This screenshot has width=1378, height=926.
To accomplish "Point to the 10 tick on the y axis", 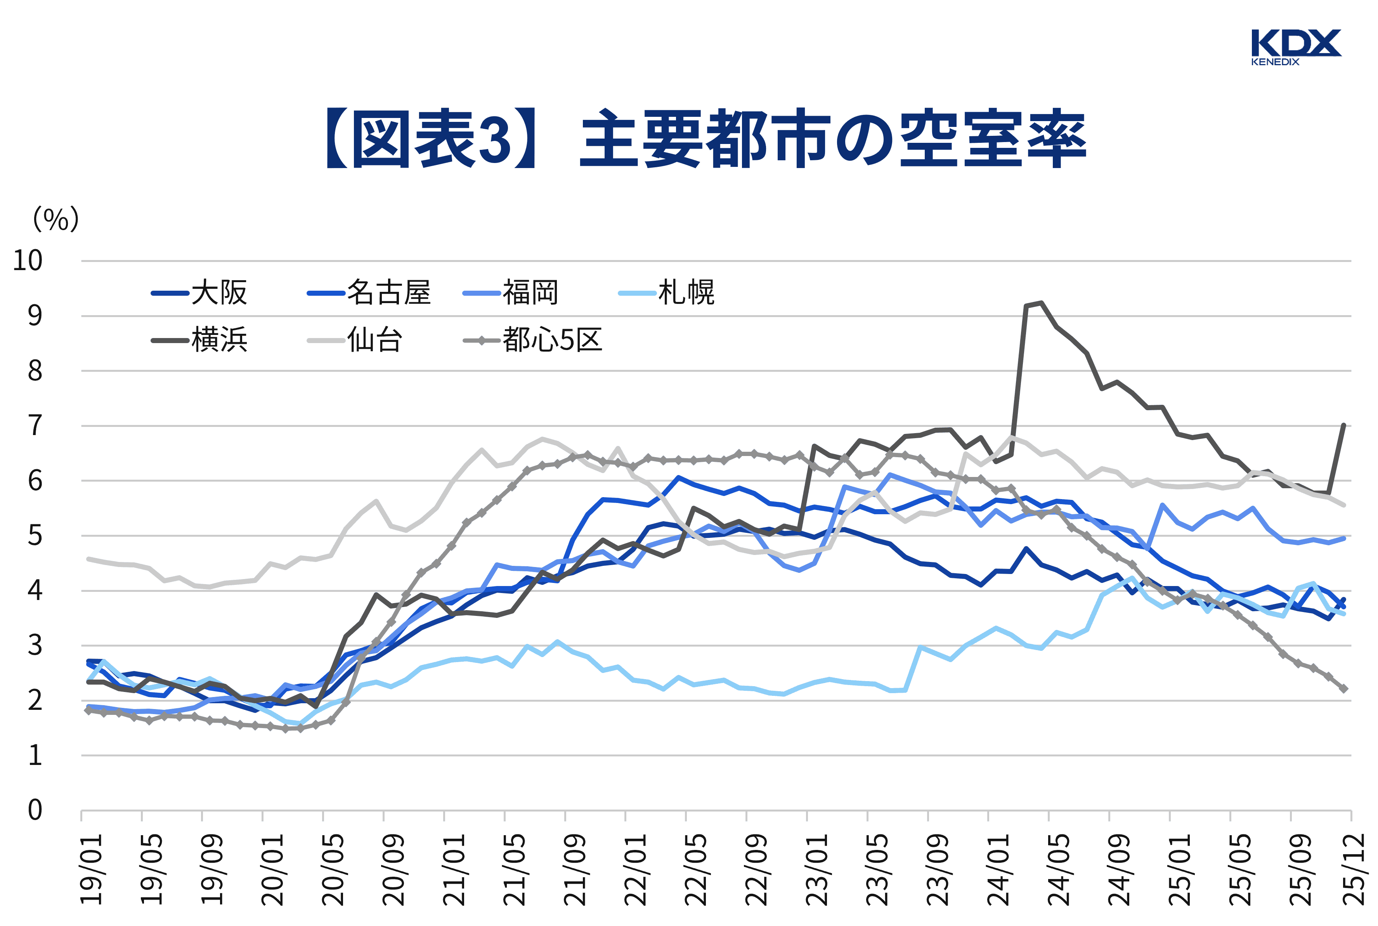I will (x=28, y=260).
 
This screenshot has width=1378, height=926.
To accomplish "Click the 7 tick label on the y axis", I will (x=35, y=425).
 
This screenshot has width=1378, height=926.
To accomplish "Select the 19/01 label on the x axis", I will (x=92, y=869).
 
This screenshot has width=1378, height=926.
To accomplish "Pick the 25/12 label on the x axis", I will (x=1354, y=869).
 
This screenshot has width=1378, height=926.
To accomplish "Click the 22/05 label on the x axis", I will (x=695, y=869).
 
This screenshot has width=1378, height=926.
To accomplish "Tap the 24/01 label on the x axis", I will (x=998, y=869).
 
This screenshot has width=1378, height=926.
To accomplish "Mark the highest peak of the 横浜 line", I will (x=1041, y=303).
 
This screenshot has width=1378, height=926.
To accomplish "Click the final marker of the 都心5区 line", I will (x=1344, y=688).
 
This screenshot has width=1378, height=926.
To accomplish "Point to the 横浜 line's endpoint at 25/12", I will (x=1344, y=425).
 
